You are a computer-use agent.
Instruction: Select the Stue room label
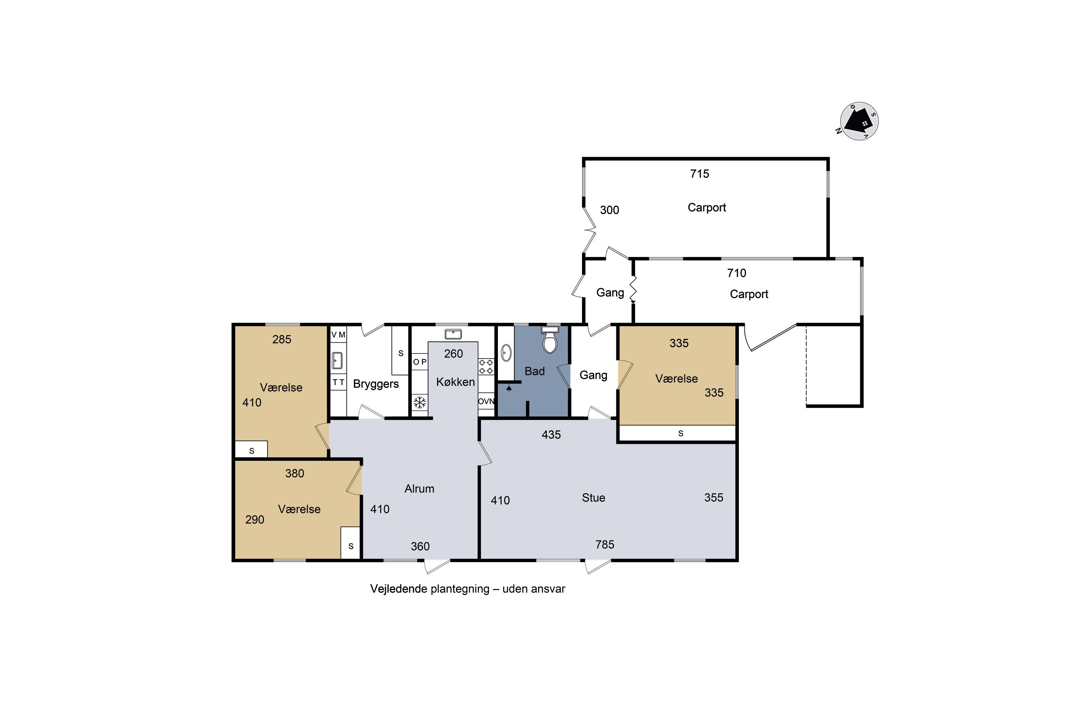tap(593, 498)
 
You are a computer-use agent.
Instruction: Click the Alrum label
tap(419, 488)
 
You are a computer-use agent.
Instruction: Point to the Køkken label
tap(455, 381)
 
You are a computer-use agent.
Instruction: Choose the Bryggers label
tap(376, 384)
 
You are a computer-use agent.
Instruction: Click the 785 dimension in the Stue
tap(605, 544)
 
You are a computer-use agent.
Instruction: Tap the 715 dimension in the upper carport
tap(699, 174)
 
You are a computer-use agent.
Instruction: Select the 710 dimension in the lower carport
tap(736, 273)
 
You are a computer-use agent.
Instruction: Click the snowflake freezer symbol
tap(420, 402)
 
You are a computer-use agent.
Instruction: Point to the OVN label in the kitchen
tap(486, 401)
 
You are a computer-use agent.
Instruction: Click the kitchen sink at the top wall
tap(453, 334)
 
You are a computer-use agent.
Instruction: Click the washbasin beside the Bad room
tap(506, 353)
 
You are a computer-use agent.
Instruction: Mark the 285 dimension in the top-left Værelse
tap(281, 339)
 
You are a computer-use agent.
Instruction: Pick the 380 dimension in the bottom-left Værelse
tap(294, 473)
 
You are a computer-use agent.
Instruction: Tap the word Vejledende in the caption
tap(398, 589)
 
